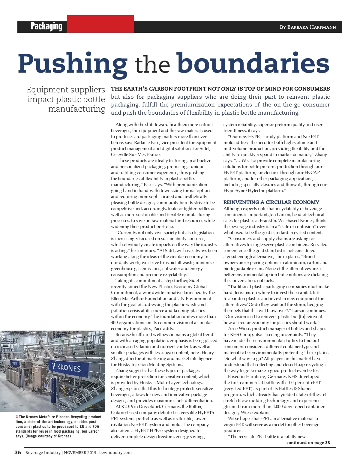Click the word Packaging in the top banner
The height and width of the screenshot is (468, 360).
[x=46, y=26]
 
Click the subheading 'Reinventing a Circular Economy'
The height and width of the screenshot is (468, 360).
[x=271, y=202]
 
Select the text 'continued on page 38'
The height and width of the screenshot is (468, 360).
[x=308, y=442]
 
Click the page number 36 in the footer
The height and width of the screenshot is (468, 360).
[x=18, y=453]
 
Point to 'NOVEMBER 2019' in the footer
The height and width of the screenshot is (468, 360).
[x=80, y=453]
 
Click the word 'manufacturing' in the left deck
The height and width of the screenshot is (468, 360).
[x=76, y=109]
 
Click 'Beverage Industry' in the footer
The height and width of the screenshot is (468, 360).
[x=43, y=453]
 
